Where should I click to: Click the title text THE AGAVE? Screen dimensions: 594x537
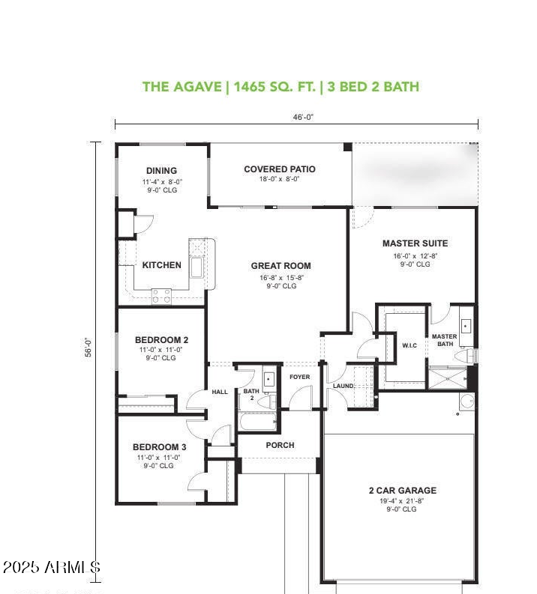(x=183, y=87)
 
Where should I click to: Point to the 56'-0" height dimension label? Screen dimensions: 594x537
(x=88, y=348)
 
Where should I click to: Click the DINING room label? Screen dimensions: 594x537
(x=161, y=171)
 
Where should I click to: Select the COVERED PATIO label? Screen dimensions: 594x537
(x=280, y=169)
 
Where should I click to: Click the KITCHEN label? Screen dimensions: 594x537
(x=161, y=265)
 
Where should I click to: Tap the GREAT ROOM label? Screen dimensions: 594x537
(x=280, y=266)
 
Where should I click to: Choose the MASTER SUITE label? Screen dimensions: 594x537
(x=415, y=243)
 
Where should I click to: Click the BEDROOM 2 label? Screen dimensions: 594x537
(x=161, y=339)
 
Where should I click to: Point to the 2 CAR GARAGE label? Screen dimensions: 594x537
(x=402, y=491)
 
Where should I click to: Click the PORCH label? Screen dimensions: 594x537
(x=280, y=445)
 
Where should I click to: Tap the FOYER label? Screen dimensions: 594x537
(x=299, y=378)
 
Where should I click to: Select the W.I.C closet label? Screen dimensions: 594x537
(x=409, y=345)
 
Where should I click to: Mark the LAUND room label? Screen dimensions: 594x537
(x=343, y=386)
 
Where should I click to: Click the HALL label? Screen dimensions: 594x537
(x=220, y=392)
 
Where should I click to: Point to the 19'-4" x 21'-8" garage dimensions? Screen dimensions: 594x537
(x=402, y=500)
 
